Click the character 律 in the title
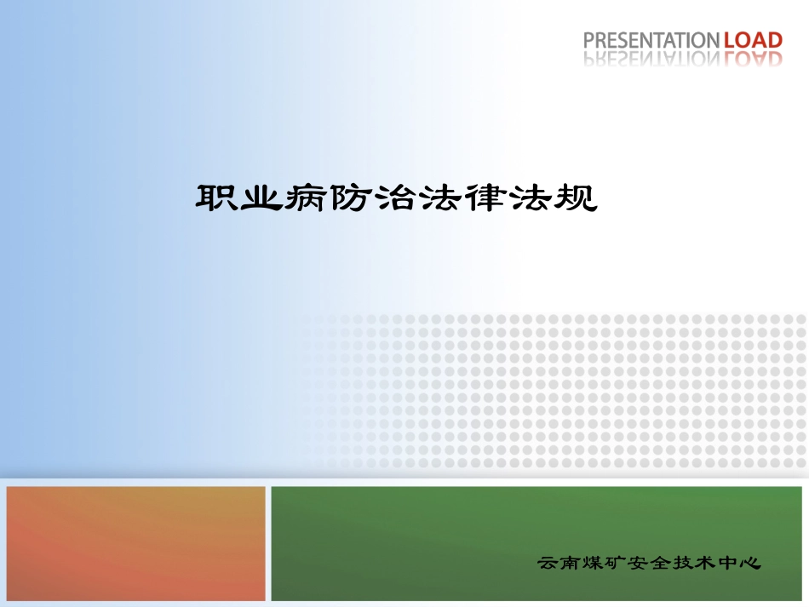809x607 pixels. click(x=485, y=198)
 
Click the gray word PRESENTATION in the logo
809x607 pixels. click(x=651, y=39)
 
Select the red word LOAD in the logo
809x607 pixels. click(x=752, y=39)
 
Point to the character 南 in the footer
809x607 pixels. click(x=574, y=563)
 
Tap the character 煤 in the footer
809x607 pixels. click(x=600, y=563)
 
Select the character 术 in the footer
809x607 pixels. click(x=723, y=563)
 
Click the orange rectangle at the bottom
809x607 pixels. click(x=136, y=543)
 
